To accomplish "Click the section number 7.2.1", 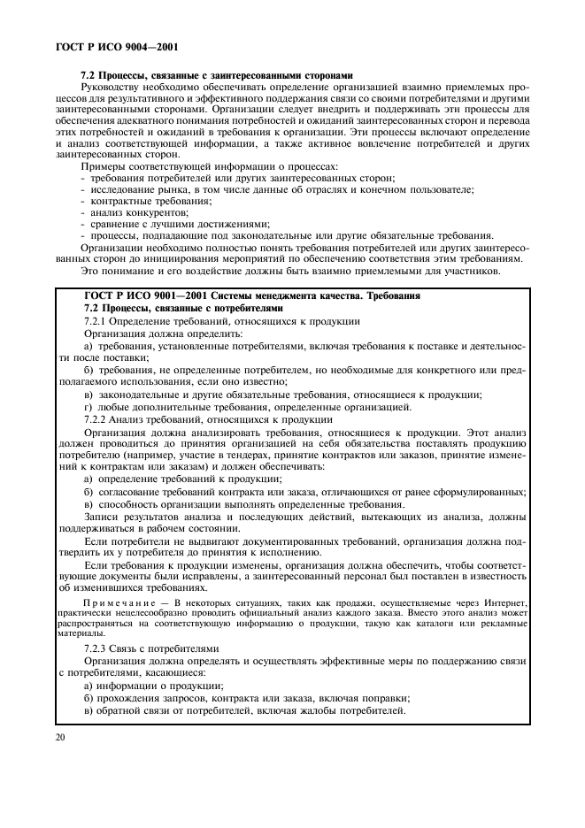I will point(96,319).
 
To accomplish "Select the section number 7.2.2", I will point(96,418).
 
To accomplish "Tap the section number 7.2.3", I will point(96,648).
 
